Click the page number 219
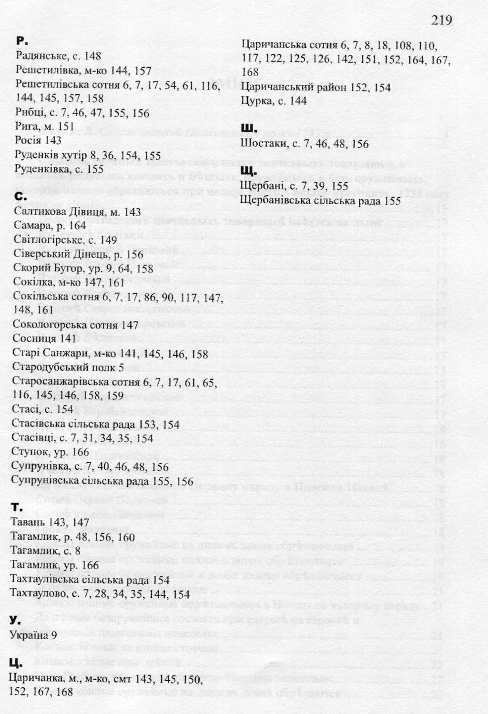(442, 20)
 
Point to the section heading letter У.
(15, 620)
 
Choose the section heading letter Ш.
(250, 128)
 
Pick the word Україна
(29, 635)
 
